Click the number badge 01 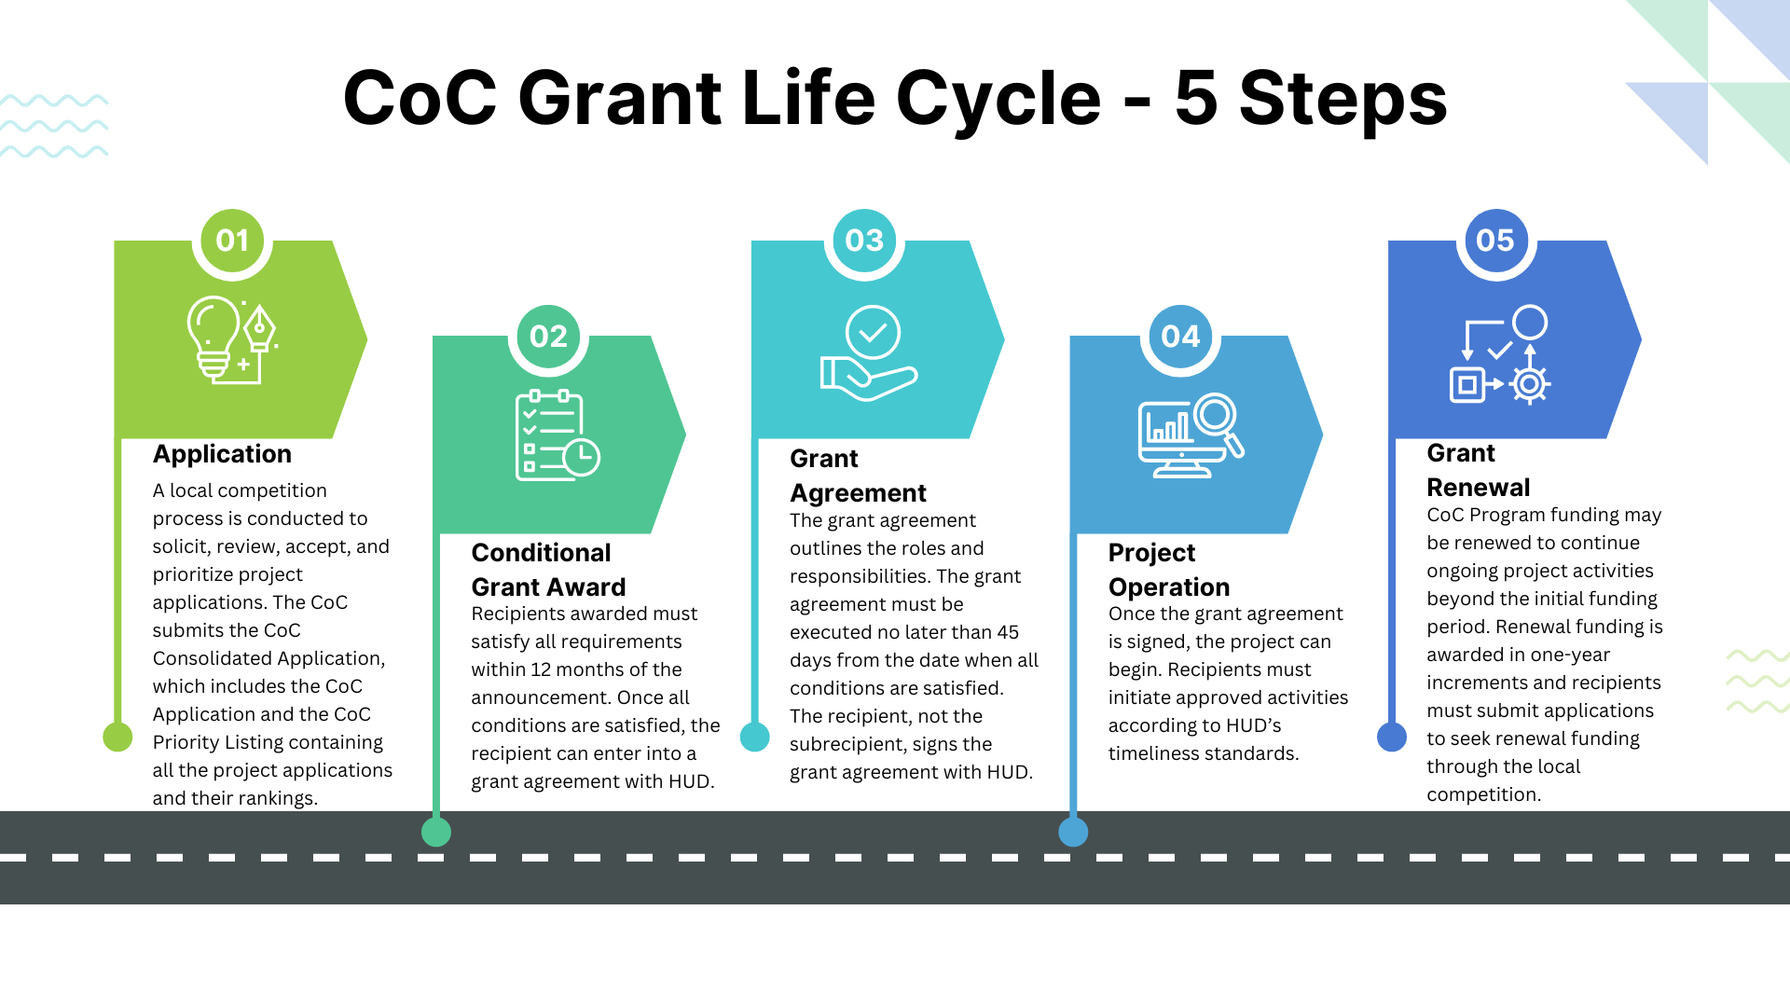coord(232,241)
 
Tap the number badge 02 coord(548,337)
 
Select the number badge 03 coord(864,241)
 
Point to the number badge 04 coord(1180,337)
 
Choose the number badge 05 coord(1495,241)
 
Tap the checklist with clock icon coord(557,435)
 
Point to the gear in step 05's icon coord(1529,383)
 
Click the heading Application coord(222,454)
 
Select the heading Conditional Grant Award coord(548,570)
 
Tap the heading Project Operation coord(1168,570)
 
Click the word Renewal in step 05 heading coord(1478,488)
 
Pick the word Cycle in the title coord(998,99)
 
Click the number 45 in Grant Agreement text coord(1007,632)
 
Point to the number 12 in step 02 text coord(541,669)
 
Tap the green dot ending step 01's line coord(117,737)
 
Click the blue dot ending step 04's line coord(1073,832)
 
